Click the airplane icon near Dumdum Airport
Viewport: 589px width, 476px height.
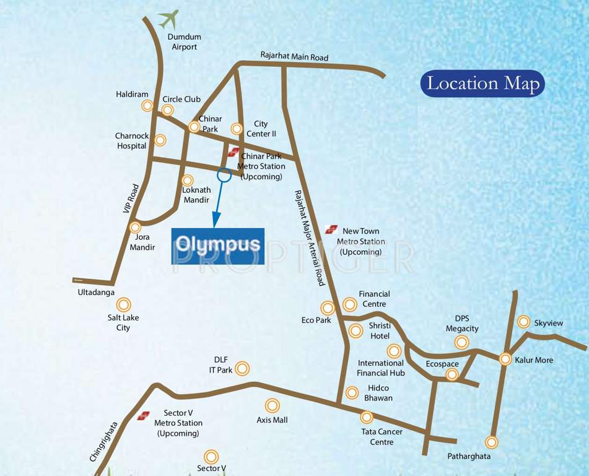click(x=168, y=19)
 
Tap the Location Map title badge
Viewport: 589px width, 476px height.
click(x=482, y=84)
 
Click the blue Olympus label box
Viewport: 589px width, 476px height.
click(x=217, y=246)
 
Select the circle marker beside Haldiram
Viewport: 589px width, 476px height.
click(x=147, y=105)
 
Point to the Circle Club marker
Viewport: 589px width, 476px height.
click(x=167, y=110)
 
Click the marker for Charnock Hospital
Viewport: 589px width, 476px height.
click(x=160, y=140)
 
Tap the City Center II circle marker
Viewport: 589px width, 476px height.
click(x=236, y=129)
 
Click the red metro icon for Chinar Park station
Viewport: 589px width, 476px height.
click(x=233, y=152)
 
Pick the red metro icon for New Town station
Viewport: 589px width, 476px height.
click(x=331, y=229)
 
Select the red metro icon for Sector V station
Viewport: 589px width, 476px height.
click(x=144, y=415)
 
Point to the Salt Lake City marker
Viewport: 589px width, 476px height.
click(x=124, y=304)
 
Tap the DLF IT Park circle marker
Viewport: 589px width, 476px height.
click(x=242, y=368)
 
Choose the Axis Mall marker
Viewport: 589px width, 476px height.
click(x=272, y=405)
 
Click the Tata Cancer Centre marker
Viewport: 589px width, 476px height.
click(x=367, y=417)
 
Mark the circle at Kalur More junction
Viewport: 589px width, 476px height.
click(x=505, y=359)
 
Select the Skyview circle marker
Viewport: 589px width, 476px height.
click(x=523, y=322)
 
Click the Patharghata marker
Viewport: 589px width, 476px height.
click(x=491, y=442)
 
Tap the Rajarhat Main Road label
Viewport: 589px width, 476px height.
click(x=294, y=57)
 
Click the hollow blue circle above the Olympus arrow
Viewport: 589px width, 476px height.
click(x=224, y=175)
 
